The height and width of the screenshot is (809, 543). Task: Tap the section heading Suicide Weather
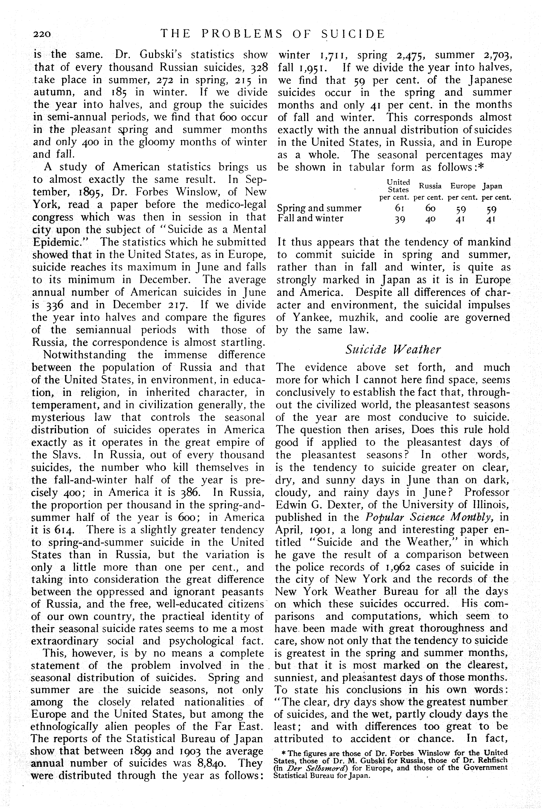(x=393, y=349)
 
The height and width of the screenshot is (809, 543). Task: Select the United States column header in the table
(x=398, y=186)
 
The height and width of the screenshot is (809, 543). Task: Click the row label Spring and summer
(x=319, y=208)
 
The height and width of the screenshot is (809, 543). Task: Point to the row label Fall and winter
(x=310, y=218)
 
